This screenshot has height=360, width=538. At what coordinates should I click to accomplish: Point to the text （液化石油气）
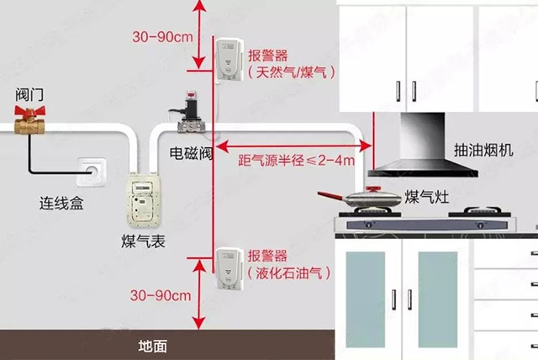(x=290, y=273)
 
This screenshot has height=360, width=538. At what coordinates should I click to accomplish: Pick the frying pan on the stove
(x=364, y=200)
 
